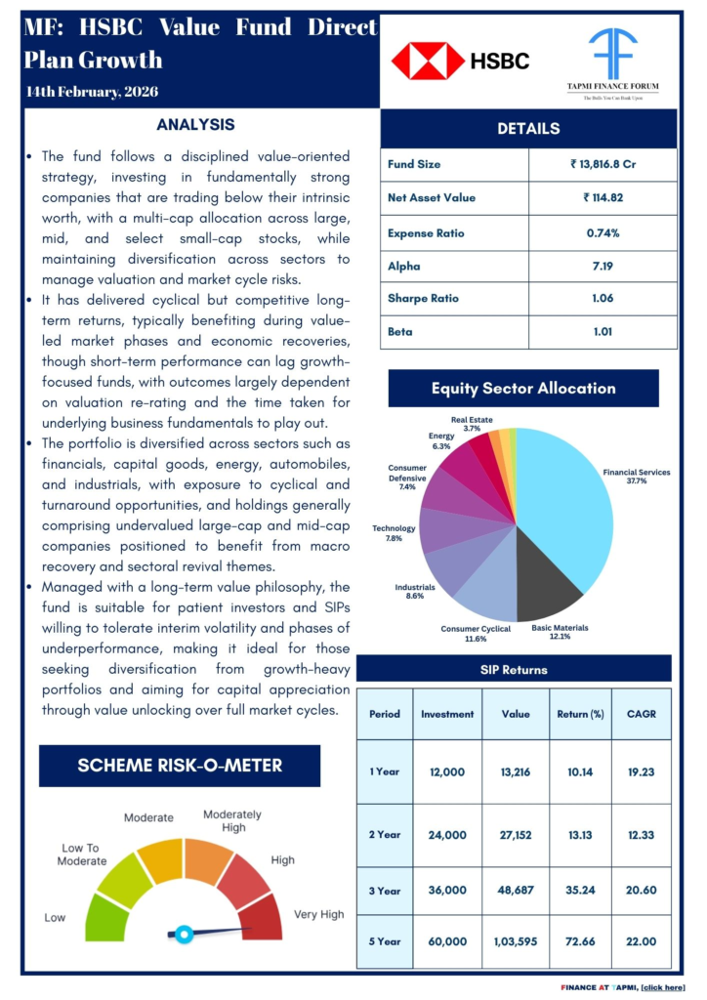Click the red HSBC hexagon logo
point(428,61)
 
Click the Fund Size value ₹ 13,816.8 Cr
point(603,164)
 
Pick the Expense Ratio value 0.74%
point(603,233)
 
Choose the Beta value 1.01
point(603,331)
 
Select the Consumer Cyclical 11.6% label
point(476,634)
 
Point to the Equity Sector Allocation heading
point(523,388)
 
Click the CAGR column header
point(641,713)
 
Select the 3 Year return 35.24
point(579,890)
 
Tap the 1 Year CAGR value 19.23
point(641,771)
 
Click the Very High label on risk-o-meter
point(319,915)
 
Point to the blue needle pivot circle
point(183,934)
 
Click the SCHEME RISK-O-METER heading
point(180,766)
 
